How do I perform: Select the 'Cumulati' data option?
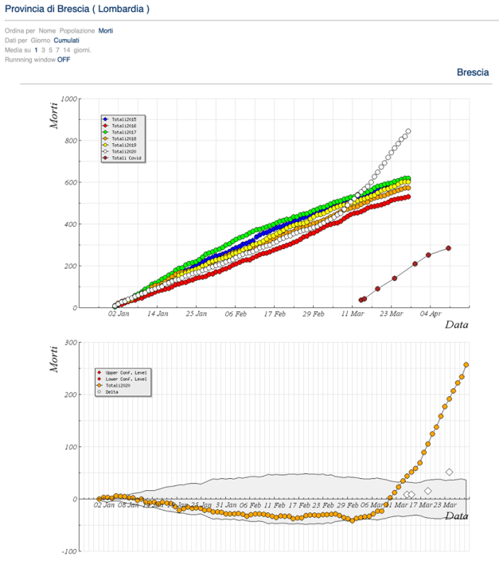(x=67, y=40)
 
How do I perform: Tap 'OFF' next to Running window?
(x=64, y=59)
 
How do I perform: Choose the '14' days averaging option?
(x=67, y=49)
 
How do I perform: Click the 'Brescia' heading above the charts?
(x=473, y=72)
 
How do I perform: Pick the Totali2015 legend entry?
(x=123, y=119)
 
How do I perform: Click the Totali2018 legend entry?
(x=123, y=138)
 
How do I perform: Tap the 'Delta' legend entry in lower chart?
(x=111, y=391)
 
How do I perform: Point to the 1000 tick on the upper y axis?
(x=68, y=99)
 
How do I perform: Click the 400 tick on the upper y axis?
(x=70, y=224)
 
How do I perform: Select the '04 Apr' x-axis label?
(x=431, y=314)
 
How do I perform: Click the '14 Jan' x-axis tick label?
(x=157, y=314)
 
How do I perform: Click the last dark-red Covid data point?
(x=448, y=248)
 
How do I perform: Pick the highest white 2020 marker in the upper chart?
(x=408, y=131)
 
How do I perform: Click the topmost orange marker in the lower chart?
(x=466, y=365)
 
